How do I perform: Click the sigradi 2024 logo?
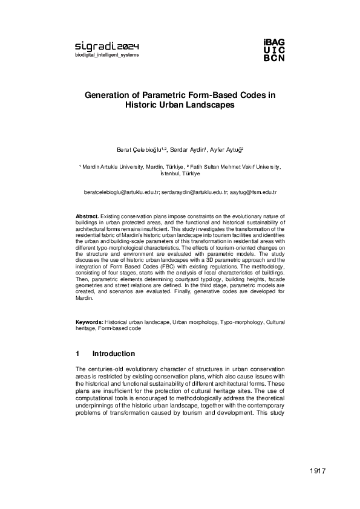(x=106, y=46)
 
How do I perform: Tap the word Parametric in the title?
(x=161, y=95)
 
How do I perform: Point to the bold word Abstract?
(x=87, y=216)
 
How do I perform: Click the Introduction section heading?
(x=113, y=354)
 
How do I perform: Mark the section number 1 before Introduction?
(x=77, y=354)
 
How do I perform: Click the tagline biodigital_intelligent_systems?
(x=106, y=55)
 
